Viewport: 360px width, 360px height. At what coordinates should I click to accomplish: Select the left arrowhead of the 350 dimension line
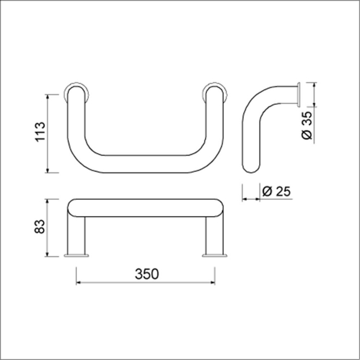[78, 283]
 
